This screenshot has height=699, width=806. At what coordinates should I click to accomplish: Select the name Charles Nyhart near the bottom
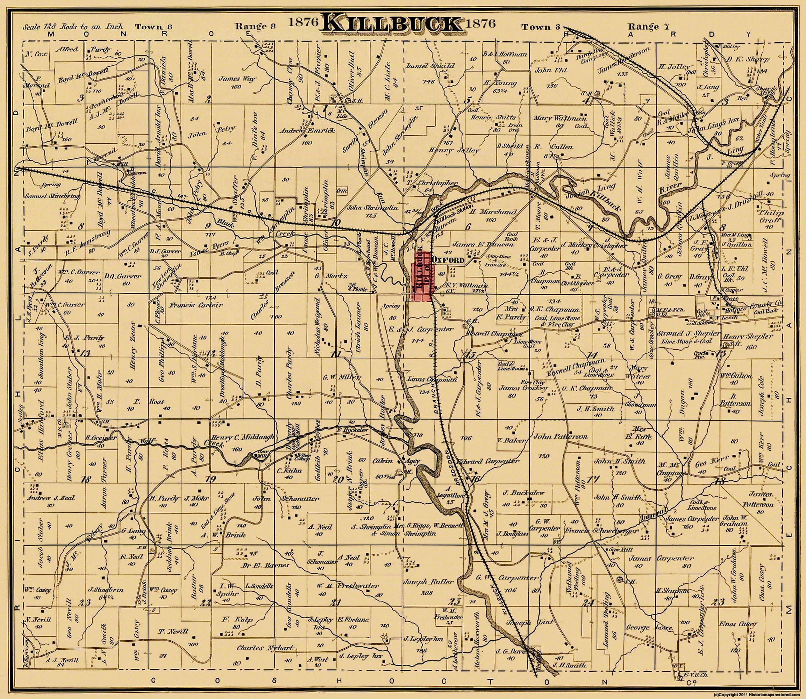click(x=265, y=648)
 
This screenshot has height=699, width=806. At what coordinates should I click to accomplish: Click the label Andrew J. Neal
click(x=51, y=498)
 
